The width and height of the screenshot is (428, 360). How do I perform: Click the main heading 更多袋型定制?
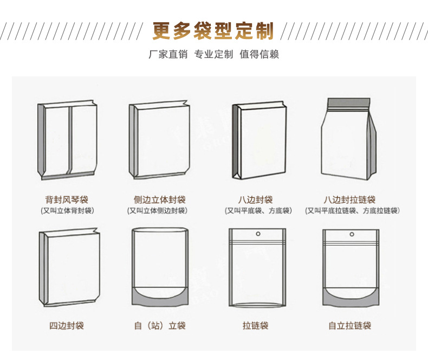point(213,31)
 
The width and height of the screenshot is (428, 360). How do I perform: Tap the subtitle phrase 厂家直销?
point(168,54)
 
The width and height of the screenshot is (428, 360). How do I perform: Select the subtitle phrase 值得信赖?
point(260,54)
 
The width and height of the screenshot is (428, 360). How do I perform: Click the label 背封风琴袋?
point(67,200)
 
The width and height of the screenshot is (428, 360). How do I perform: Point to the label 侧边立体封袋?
point(160,200)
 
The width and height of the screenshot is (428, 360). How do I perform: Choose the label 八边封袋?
point(256,200)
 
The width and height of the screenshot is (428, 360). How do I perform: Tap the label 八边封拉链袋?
point(349,200)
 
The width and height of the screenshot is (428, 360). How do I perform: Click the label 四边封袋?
point(67,325)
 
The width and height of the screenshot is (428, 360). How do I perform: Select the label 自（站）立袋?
point(160,325)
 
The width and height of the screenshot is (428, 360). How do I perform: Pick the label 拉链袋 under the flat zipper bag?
point(256,325)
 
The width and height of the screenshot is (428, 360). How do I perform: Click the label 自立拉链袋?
point(349,325)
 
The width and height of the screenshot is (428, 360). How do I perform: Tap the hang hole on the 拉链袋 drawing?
point(258,234)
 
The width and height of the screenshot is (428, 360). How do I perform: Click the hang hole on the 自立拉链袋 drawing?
point(352,234)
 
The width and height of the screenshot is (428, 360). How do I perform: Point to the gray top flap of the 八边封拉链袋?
point(349,103)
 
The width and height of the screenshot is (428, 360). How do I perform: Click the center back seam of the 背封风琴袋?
point(69,140)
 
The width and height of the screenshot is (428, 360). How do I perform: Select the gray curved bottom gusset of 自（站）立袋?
point(160,297)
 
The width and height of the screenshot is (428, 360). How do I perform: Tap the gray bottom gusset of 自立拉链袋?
point(351,298)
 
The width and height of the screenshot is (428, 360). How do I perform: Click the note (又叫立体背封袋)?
point(67,210)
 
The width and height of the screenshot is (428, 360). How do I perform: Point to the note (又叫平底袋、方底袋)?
point(258,210)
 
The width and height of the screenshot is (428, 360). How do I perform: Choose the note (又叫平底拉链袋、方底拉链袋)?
point(352,210)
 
